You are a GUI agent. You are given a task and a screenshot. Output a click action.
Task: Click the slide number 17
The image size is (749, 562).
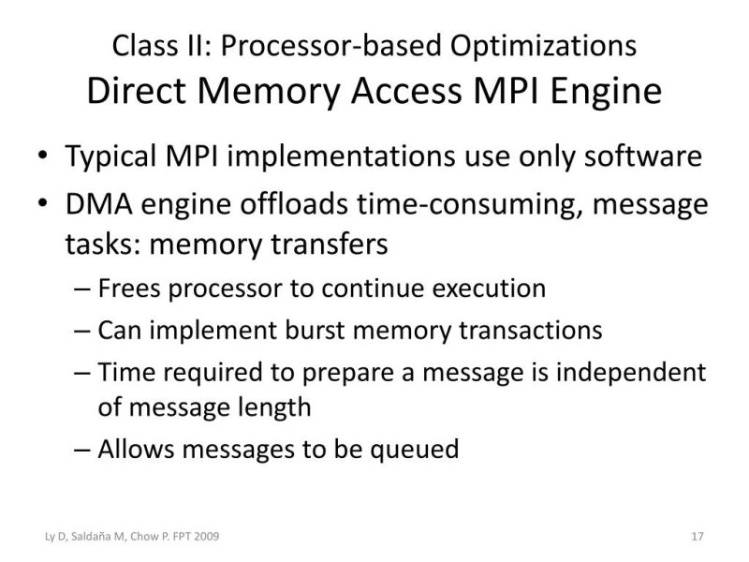(696, 537)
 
